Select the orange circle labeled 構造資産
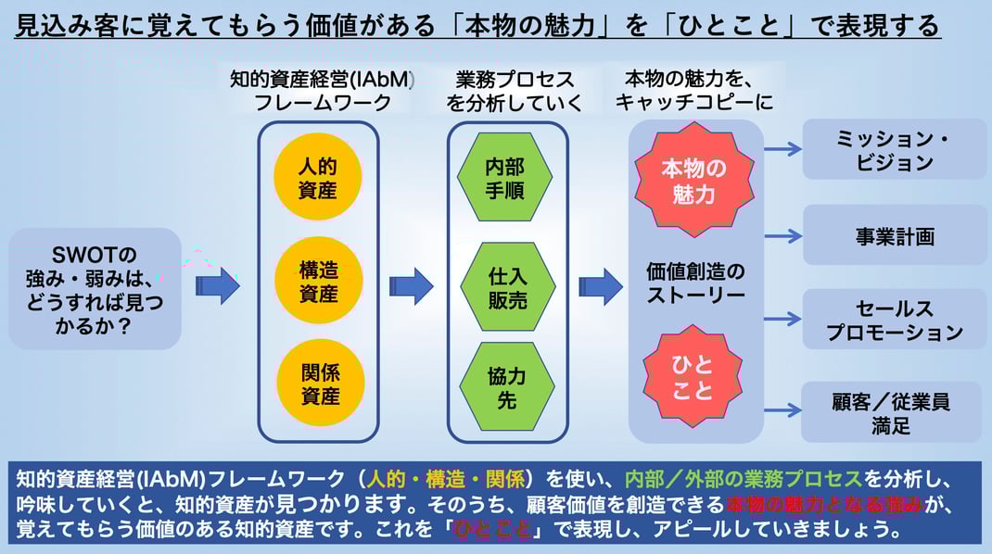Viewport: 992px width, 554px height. (x=318, y=282)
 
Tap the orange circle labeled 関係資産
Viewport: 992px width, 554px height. (x=318, y=384)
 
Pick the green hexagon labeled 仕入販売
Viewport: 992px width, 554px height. (x=507, y=286)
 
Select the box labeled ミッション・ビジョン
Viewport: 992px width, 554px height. (x=894, y=149)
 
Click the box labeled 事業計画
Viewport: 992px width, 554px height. (x=894, y=235)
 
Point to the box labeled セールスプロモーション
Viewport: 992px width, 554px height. (x=894, y=320)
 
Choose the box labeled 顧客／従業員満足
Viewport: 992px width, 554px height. (x=890, y=413)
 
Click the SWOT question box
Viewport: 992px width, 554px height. (x=95, y=288)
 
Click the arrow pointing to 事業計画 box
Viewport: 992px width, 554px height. (x=782, y=235)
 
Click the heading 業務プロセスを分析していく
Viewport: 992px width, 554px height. (x=515, y=91)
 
